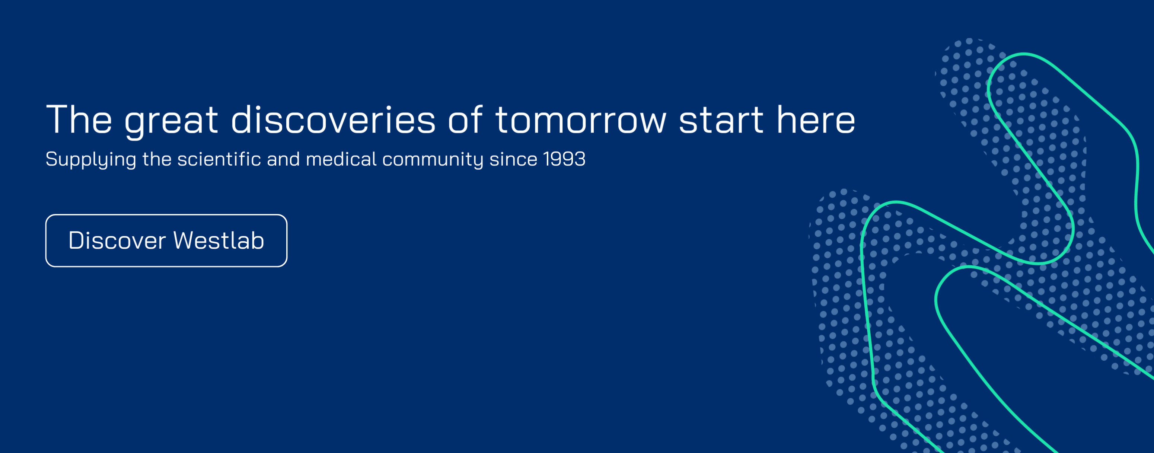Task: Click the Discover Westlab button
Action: pos(166,240)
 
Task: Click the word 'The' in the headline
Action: pos(79,119)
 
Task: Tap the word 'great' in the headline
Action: pos(171,122)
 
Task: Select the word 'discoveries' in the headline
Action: pos(333,119)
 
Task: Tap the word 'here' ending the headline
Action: pos(816,119)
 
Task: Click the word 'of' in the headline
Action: pos(465,119)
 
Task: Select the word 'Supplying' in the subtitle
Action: pos(91,160)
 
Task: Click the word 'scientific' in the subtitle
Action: pos(219,159)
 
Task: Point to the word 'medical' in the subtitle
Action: pos(341,159)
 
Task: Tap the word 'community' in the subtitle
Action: pos(433,160)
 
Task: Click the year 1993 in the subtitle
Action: pos(564,159)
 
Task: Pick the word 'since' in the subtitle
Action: pos(513,159)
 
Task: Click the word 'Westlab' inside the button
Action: pos(219,240)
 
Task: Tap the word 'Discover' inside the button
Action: pos(117,240)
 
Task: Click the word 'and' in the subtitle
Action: pos(284,159)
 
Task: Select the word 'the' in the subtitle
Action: pos(157,159)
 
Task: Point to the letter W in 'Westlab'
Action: pos(184,240)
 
